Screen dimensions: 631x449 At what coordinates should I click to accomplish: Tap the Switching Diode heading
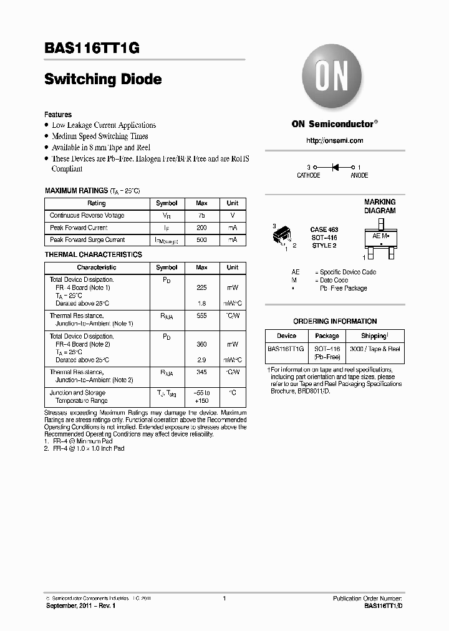tap(103, 79)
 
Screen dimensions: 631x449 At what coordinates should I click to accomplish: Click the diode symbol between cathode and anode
tap(335, 167)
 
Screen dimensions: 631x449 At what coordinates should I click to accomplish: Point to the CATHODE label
tap(308, 176)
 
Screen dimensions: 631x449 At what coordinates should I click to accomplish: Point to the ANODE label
tap(359, 176)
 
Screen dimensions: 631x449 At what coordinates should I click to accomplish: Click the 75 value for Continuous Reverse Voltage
tap(201, 216)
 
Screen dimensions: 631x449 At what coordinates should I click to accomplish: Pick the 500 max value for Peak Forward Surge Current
tap(201, 240)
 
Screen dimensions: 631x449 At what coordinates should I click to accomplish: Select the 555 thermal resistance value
tap(201, 316)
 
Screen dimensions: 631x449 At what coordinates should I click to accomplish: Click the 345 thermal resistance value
tap(201, 372)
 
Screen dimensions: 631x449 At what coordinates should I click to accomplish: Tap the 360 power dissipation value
tap(201, 344)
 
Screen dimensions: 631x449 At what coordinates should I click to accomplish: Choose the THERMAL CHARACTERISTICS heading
tap(93, 254)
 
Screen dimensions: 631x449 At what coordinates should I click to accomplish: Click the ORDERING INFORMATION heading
tap(335, 322)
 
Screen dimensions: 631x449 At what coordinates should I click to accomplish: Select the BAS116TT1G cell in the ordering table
tap(286, 349)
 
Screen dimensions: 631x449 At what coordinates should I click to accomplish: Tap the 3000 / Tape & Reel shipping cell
tap(374, 349)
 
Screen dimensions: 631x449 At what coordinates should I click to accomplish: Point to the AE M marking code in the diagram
tap(380, 236)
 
